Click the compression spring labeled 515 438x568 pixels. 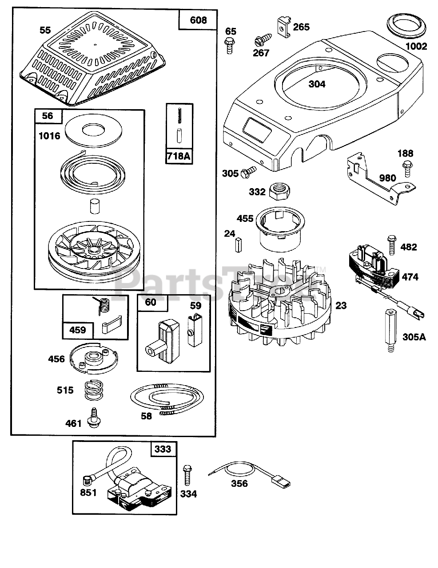pyautogui.click(x=92, y=391)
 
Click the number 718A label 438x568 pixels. pyautogui.click(x=179, y=156)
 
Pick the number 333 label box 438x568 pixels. pyautogui.click(x=163, y=449)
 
